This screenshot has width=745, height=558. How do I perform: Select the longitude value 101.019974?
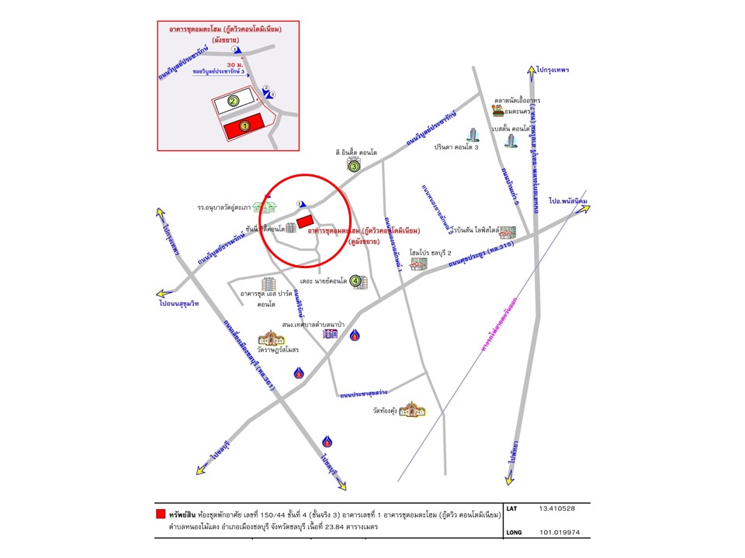(558, 533)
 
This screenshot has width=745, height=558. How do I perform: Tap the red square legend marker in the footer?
(161, 513)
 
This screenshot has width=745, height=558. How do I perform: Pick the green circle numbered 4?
(356, 281)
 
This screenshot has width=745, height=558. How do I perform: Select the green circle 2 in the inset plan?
(232, 101)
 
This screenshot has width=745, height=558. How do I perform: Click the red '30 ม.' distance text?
(235, 64)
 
